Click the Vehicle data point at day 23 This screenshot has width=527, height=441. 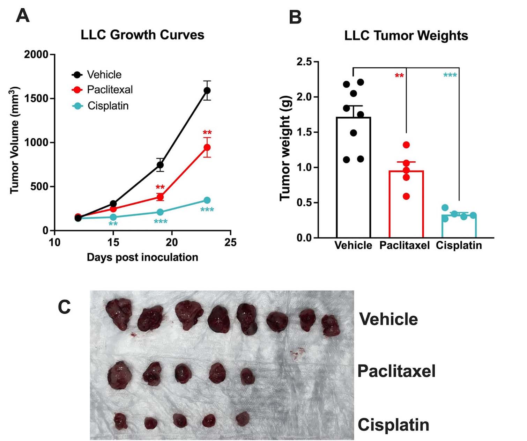tap(207, 90)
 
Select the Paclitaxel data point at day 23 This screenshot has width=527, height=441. tap(207, 147)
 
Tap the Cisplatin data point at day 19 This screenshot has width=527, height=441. tap(160, 212)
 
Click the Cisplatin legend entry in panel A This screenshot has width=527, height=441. tap(107, 106)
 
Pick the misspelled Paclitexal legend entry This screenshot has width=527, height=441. tap(110, 90)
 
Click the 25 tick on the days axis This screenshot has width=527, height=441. tap(231, 242)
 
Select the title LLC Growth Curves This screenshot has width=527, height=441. tap(142, 35)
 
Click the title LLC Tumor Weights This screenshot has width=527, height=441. tap(406, 36)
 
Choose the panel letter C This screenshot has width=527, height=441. tap(64, 307)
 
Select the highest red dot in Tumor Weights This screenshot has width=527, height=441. tap(406, 145)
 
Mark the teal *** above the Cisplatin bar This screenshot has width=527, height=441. tap(450, 75)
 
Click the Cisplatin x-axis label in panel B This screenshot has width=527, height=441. tap(459, 245)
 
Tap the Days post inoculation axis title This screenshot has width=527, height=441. tap(142, 257)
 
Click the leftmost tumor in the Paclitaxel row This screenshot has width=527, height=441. tap(119, 375)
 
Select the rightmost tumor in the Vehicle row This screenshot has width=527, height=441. tap(331, 325)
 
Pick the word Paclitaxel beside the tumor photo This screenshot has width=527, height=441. tap(396, 371)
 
